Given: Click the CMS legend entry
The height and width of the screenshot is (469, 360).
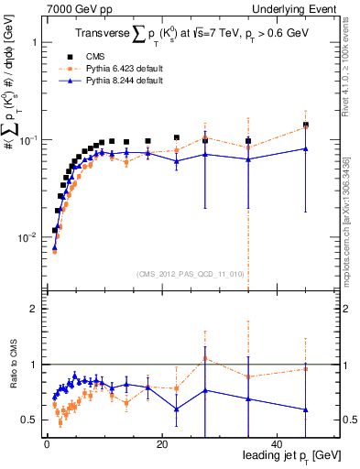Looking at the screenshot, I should [108, 56].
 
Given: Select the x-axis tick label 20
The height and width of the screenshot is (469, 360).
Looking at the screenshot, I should [161, 443].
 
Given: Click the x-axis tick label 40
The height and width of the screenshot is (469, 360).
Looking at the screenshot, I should [276, 443].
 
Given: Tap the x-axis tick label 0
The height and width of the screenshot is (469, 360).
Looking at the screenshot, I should [47, 443].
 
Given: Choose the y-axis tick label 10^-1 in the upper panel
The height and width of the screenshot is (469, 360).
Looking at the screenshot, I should [28, 140].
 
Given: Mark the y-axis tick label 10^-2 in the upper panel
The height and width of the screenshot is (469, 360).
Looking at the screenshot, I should [28, 237].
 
